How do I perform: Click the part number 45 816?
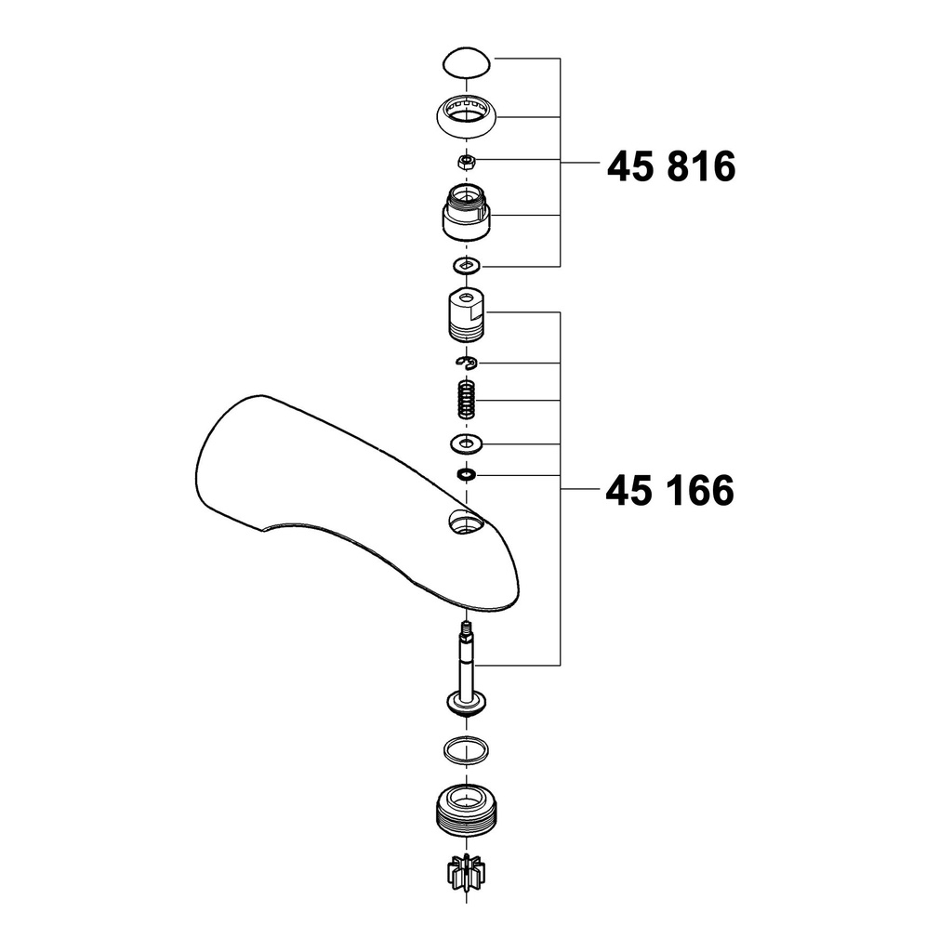click(671, 166)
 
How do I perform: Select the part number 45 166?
click(669, 491)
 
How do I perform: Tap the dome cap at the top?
click(466, 61)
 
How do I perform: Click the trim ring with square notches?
click(467, 117)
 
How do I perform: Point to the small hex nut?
click(467, 162)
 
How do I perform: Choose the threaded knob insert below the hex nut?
click(467, 212)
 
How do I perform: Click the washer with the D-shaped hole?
click(467, 265)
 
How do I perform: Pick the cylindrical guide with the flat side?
click(467, 315)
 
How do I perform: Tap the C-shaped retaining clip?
click(467, 363)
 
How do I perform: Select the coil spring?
click(467, 399)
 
